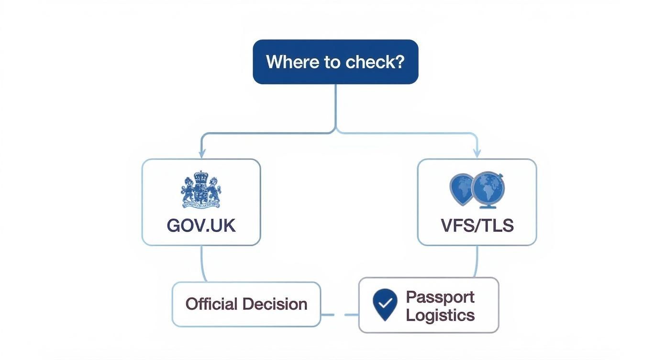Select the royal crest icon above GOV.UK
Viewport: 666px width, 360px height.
201,190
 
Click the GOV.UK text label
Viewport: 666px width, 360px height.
201,225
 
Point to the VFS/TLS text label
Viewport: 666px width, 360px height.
477,225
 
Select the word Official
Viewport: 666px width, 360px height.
211,304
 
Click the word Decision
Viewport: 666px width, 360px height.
275,304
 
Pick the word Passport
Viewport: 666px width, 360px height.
440,297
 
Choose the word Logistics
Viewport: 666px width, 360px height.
440,315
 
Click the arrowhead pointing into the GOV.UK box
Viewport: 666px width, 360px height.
202,154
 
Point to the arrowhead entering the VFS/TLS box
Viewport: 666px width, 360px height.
477,154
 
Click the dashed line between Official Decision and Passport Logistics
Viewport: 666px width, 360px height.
339,315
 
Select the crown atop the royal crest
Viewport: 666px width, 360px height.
201,176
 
